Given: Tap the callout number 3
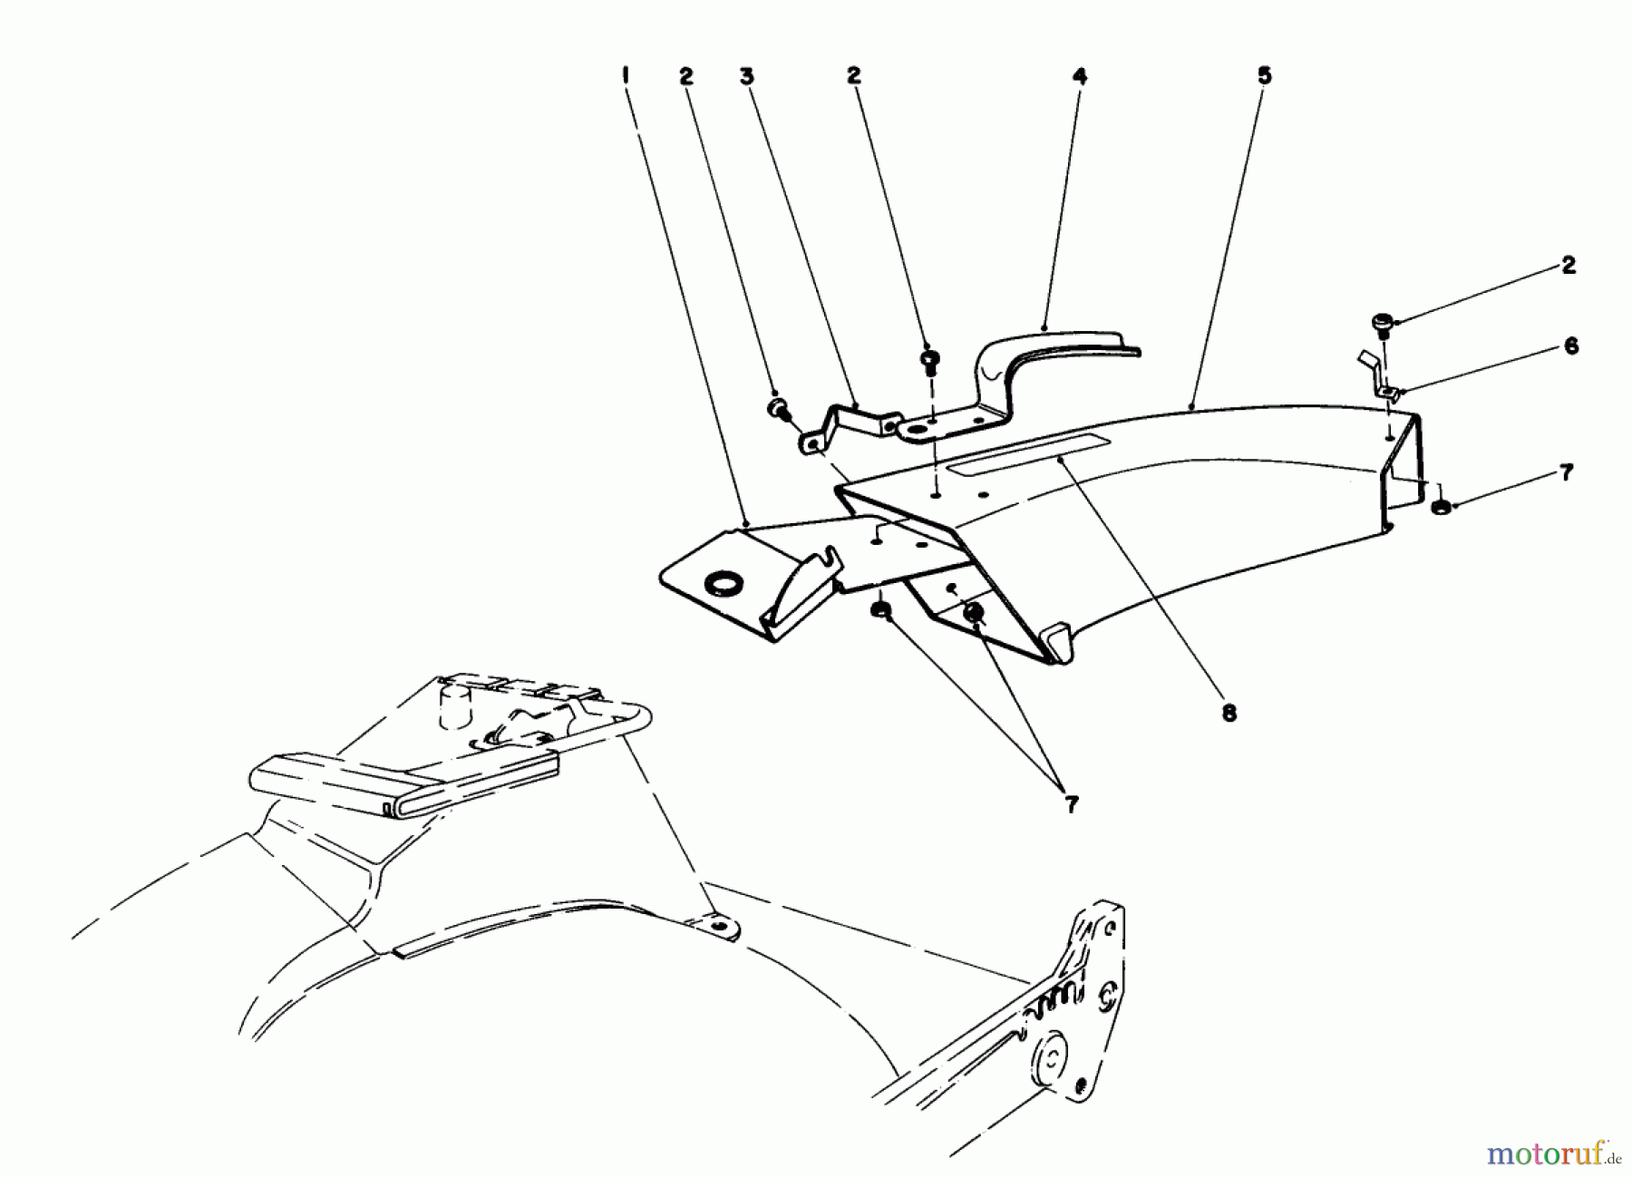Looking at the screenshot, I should [746, 78].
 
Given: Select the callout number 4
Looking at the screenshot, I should [1078, 78].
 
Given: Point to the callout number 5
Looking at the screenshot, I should [1264, 76].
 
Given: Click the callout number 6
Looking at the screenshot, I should [1570, 346].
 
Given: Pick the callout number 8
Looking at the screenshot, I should [1229, 714].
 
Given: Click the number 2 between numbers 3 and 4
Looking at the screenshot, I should [853, 78].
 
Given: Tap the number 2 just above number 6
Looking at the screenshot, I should [1568, 266].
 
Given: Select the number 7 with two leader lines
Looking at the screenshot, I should [1071, 804].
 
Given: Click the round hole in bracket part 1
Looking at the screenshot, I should [721, 583].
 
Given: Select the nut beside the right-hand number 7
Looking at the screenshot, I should [1440, 505].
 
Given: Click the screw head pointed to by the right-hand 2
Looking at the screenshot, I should [1382, 322].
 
